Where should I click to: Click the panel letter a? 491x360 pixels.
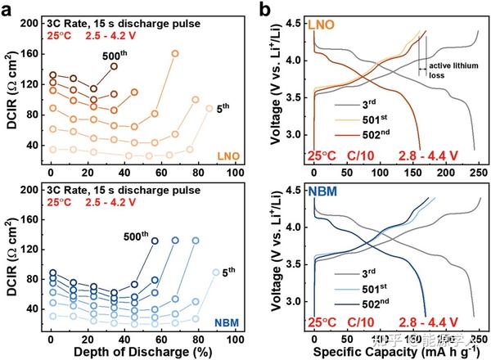coord(7,10)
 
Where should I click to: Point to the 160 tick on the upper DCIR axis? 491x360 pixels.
coord(29,54)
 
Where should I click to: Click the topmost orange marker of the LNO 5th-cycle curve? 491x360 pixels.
coord(209,108)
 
